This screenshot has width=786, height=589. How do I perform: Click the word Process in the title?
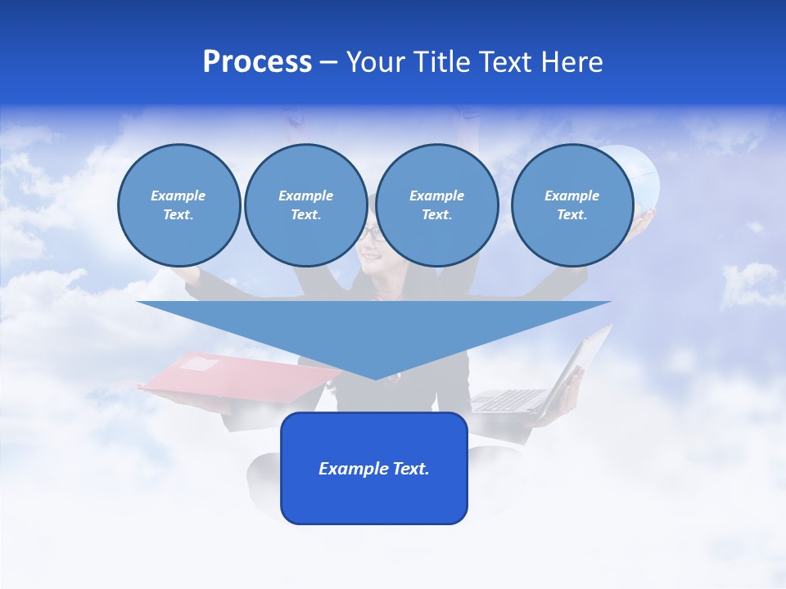pyautogui.click(x=257, y=62)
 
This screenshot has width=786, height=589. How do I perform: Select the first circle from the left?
pyautogui.click(x=178, y=205)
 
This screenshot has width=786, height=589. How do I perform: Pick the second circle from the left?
pyautogui.click(x=305, y=205)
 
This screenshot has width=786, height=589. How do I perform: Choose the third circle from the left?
pyautogui.click(x=436, y=205)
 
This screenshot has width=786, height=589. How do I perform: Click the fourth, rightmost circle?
pyautogui.click(x=571, y=205)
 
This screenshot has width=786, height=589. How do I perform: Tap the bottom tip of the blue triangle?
pyautogui.click(x=374, y=377)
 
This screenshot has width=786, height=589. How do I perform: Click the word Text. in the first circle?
pyautogui.click(x=178, y=215)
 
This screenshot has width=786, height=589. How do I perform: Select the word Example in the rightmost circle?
pyautogui.click(x=571, y=196)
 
